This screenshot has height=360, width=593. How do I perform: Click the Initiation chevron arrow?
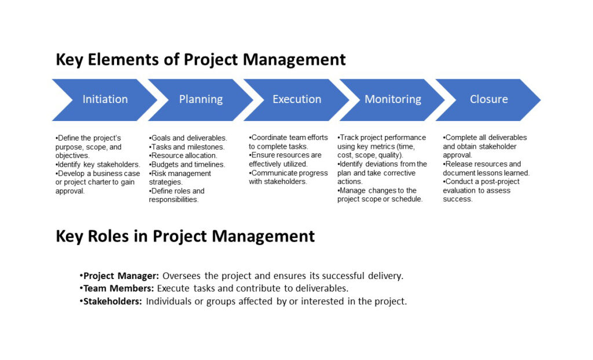coord(105,100)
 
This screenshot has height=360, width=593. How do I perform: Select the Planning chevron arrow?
coord(200,100)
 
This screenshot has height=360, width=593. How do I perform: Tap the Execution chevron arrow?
coord(296,100)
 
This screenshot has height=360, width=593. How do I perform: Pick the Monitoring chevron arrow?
coord(393,100)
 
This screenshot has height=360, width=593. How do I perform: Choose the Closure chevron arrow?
coord(488,100)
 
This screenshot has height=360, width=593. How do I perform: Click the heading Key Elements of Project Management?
coord(200,60)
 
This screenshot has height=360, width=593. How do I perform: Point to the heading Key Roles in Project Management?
coord(185,236)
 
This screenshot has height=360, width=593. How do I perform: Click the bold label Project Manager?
coord(121,275)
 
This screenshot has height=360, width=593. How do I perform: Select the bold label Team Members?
coord(119,288)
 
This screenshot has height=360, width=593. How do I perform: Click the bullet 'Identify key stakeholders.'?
coord(98,164)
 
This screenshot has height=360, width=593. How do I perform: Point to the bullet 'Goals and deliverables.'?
coord(189,138)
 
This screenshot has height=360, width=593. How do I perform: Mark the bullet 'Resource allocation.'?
coord(184,156)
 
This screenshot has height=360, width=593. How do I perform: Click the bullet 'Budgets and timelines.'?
coord(188,164)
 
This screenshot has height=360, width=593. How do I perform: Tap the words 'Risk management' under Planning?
coord(181,174)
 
